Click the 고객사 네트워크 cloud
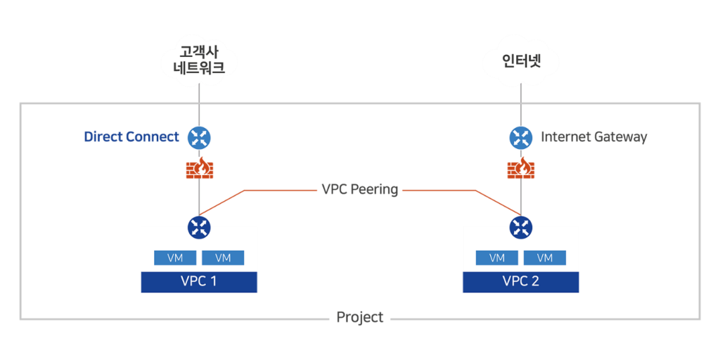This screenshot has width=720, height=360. coord(198,62)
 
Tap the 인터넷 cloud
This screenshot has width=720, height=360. coord(520,62)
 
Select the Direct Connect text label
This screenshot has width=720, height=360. coord(131,137)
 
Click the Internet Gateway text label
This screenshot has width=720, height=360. coord(593,137)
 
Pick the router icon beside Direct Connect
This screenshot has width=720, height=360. coord(199,138)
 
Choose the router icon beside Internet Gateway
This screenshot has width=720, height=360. coord(520,138)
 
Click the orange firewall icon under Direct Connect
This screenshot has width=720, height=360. coord(199,170)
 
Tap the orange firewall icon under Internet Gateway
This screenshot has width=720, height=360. coord(520,170)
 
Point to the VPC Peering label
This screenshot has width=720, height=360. coord(359,189)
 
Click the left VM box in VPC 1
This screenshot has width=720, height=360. coord(175,258)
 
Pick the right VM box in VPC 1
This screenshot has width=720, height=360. coord(223,258)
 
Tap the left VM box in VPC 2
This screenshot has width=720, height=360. coord(496,258)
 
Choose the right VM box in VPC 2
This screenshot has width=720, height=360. coord(544,258)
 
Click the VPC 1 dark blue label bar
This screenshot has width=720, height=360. coord(199,282)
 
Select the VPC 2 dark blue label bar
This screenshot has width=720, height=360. coord(520,282)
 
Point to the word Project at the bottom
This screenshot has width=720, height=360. coord(359,318)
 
